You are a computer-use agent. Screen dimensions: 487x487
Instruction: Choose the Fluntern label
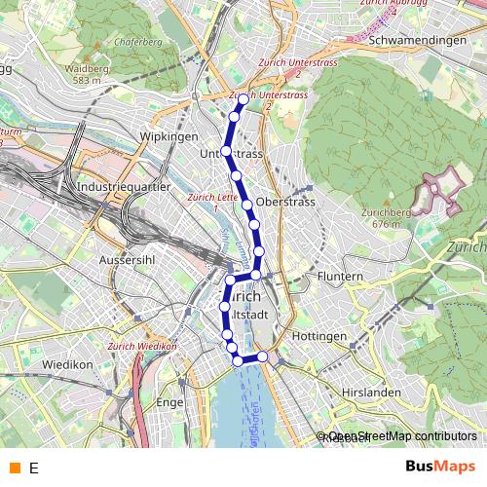coord(340,277)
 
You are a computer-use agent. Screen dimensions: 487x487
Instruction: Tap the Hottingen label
coord(318,336)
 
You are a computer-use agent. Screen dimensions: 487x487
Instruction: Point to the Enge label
coord(169,401)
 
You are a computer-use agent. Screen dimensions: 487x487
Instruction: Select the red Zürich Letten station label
coord(211,200)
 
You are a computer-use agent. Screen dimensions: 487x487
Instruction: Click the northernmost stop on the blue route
coord(243,100)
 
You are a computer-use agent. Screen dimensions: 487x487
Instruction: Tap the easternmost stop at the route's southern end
coord(262,356)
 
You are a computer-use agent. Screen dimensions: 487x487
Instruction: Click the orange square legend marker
coord(14,467)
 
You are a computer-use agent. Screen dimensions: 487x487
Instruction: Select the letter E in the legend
coord(33,468)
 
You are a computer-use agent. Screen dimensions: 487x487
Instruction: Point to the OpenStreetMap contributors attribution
coord(401,435)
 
